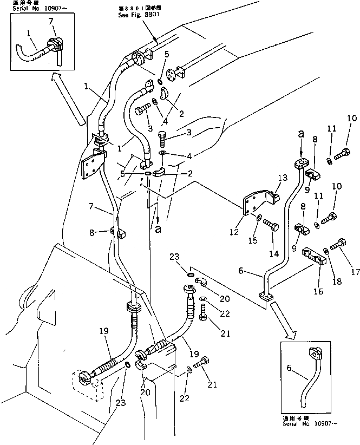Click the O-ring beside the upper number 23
tap(190, 274)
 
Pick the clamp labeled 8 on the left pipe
tap(119, 233)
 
